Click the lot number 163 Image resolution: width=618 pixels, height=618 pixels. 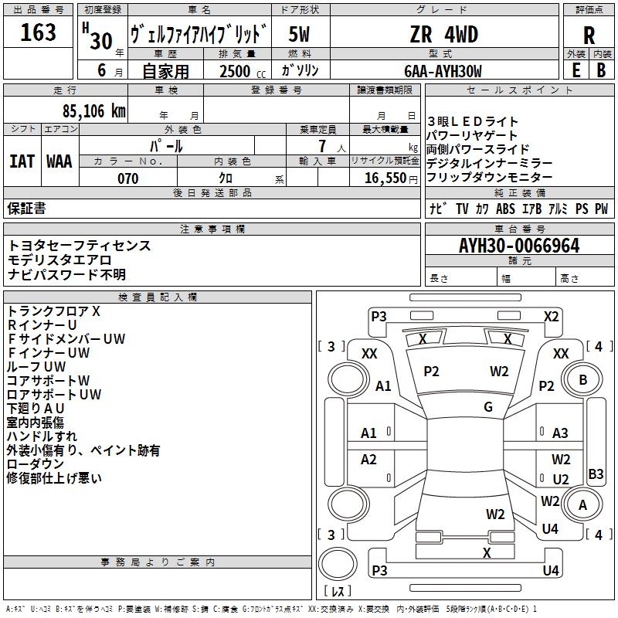[x=39, y=32]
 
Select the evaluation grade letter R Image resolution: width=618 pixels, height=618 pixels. [x=589, y=35]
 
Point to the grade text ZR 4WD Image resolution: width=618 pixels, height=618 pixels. [x=443, y=35]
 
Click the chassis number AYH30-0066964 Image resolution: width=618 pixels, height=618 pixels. [x=518, y=246]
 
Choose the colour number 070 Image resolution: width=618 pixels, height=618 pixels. [x=127, y=178]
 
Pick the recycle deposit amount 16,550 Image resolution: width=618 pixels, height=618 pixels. [x=385, y=178]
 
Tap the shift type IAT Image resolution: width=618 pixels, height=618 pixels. [x=22, y=161]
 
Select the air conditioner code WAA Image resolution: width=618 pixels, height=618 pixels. [x=59, y=161]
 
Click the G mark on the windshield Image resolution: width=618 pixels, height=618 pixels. [x=488, y=407]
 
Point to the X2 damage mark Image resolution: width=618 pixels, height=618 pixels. [x=551, y=316]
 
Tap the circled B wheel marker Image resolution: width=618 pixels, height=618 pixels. [x=583, y=379]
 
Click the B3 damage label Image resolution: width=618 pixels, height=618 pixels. [x=596, y=474]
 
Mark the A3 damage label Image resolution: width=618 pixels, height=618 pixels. [x=560, y=433]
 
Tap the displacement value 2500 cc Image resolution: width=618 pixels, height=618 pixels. [x=236, y=71]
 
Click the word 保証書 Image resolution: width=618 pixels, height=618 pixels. [x=26, y=208]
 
